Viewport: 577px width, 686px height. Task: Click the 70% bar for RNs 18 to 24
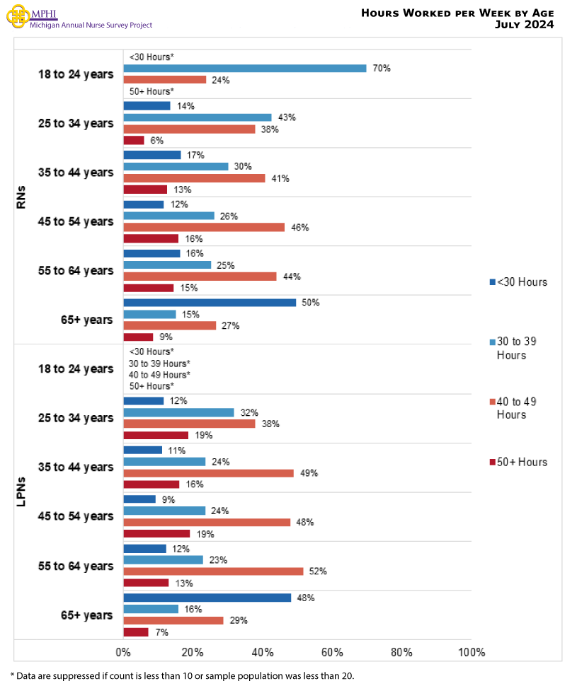coord(244,69)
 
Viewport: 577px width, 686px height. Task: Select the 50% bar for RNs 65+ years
coord(210,303)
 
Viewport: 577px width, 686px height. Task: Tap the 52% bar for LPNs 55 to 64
coord(213,571)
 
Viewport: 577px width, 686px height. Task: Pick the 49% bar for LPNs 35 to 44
coord(208,473)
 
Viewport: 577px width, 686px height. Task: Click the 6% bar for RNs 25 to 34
coord(134,141)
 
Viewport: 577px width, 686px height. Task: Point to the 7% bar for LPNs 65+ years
coord(136,632)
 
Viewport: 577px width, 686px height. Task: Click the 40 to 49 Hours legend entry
coord(516,408)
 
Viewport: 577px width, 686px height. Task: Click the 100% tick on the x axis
coord(471,652)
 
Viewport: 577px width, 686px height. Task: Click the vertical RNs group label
coord(21,197)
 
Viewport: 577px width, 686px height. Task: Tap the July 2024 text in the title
coord(525,25)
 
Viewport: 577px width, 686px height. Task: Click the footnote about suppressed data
coord(182,675)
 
